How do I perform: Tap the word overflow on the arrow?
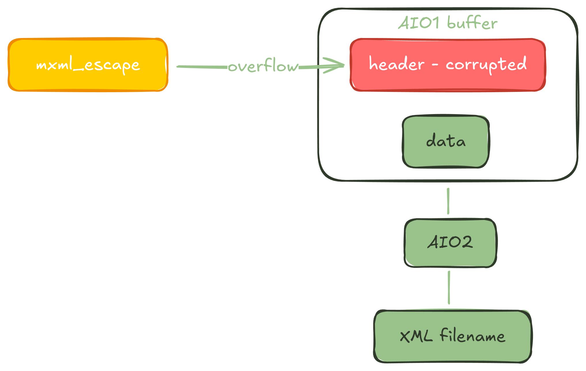[263, 66]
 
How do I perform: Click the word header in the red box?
[397, 64]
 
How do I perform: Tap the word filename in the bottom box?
[472, 336]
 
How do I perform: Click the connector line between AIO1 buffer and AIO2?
[448, 201]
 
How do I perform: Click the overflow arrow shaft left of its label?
[202, 67]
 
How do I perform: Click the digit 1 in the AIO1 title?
[435, 23]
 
